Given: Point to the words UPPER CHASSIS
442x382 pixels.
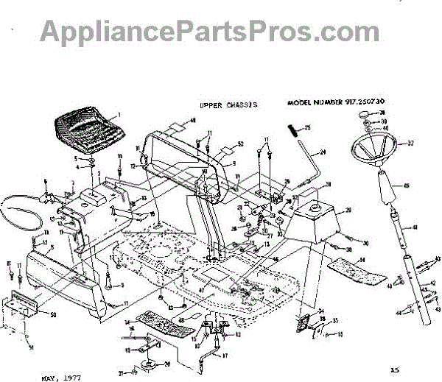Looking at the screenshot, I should tap(228, 105).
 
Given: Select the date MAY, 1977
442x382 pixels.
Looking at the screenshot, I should tap(60, 376).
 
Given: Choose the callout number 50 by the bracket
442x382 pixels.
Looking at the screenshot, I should tap(52, 315).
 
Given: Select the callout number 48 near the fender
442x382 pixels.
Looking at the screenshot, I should tap(193, 120).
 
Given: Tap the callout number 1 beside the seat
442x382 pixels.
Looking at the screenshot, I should tap(117, 116).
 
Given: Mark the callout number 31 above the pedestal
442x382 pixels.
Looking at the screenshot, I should tap(329, 184).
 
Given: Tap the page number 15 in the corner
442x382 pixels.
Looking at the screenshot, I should tap(395, 369).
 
